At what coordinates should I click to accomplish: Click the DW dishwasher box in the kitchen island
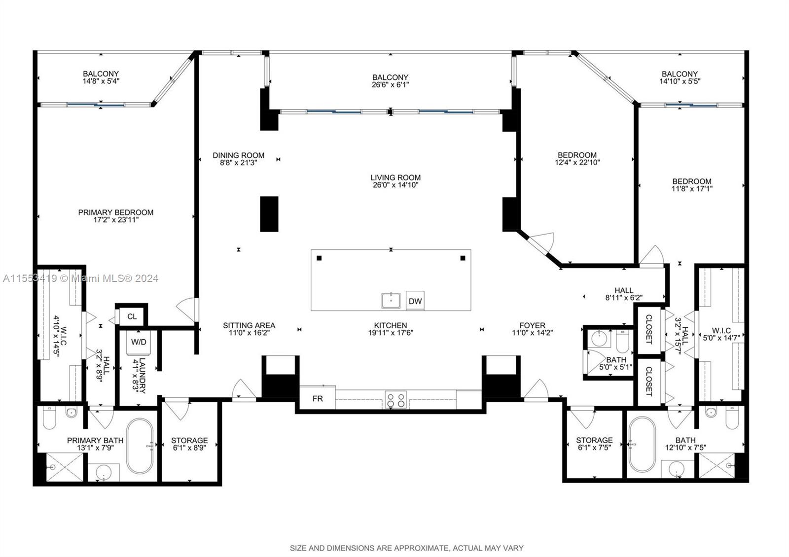pos(415,301)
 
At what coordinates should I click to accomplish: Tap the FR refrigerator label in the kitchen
pos(318,398)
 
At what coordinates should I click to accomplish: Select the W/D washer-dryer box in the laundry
pos(138,342)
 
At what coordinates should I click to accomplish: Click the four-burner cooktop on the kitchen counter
pos(395,399)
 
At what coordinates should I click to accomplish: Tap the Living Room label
pos(395,177)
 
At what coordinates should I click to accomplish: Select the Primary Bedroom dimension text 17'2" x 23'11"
pos(116,220)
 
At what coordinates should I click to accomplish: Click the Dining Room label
pos(238,155)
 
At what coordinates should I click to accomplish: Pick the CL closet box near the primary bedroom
pos(132,316)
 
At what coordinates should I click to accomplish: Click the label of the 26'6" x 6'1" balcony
pos(390,77)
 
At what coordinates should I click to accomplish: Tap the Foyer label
pos(532,325)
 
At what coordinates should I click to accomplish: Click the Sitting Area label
pos(249,325)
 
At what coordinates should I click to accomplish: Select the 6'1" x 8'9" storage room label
pos(189,440)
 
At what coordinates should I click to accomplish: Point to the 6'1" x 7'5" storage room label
pos(594,440)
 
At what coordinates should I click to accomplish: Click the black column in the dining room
pos(269,214)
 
